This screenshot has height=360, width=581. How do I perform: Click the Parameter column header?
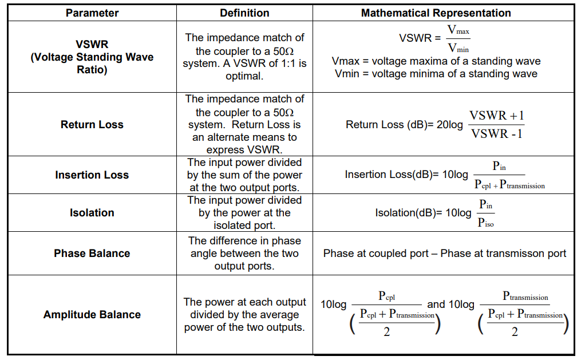click(x=92, y=13)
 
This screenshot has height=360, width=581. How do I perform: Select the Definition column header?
click(x=244, y=13)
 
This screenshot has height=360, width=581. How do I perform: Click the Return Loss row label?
click(x=92, y=124)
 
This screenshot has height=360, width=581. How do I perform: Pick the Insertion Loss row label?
click(x=92, y=175)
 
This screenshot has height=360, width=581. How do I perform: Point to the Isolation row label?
click(x=92, y=213)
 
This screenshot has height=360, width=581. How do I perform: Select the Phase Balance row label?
click(x=92, y=253)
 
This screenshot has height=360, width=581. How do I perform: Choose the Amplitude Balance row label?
click(x=92, y=314)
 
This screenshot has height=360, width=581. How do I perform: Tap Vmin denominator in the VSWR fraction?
click(x=458, y=48)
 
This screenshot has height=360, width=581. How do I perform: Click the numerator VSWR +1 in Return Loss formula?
click(x=496, y=116)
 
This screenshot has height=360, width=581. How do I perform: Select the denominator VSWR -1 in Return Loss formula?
click(x=496, y=134)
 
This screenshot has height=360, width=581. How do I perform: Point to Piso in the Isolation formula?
click(x=485, y=222)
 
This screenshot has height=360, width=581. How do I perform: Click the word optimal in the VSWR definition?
click(x=244, y=76)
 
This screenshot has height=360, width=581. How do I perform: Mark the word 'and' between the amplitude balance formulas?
click(x=436, y=304)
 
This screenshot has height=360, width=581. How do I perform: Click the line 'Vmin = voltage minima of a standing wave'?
click(x=436, y=73)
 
